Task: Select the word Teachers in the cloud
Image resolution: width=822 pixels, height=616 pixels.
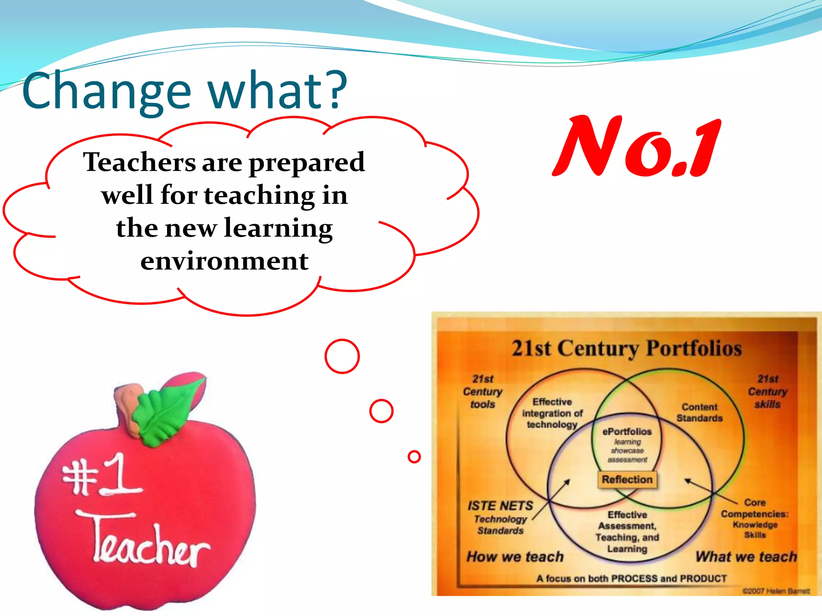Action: coord(138,162)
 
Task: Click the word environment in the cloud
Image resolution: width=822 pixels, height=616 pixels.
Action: coord(224,261)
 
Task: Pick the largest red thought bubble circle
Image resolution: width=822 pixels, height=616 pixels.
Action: coord(342,356)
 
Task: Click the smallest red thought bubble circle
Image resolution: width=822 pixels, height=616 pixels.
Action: coord(414,456)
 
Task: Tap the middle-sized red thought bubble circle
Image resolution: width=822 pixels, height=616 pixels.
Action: coord(381,411)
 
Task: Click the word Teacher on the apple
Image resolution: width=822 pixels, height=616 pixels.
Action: coord(149,541)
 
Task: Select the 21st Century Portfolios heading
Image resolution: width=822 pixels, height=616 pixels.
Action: coord(626,348)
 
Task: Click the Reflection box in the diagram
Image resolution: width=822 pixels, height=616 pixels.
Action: coord(627,480)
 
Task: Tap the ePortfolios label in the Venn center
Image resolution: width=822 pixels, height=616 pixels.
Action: coord(627,432)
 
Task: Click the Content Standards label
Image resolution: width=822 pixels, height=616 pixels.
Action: coord(699,412)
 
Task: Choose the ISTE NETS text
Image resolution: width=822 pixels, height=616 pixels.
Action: coord(500,506)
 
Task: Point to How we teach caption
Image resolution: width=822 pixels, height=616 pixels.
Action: coord(515,557)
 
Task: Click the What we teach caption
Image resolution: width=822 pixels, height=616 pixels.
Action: coord(746,557)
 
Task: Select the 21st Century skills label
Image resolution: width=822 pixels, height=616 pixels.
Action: coord(767,391)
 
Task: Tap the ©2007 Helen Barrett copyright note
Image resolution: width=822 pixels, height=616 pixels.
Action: coord(776,591)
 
